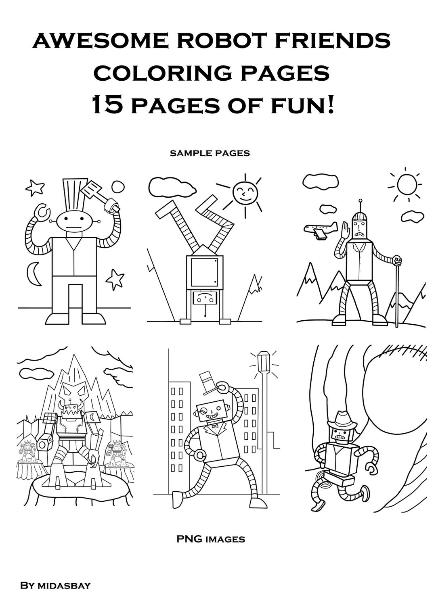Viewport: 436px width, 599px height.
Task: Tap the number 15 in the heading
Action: click(x=108, y=106)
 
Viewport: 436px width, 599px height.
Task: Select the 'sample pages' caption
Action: click(x=210, y=153)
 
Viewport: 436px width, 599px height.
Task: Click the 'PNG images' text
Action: click(x=210, y=539)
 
